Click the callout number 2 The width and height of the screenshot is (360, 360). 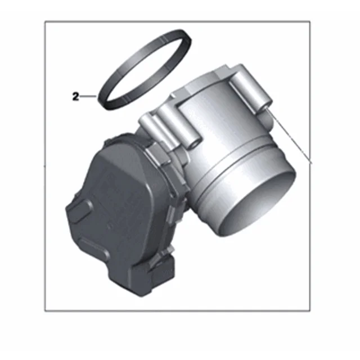click(75, 96)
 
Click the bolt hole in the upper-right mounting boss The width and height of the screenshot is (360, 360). click(265, 105)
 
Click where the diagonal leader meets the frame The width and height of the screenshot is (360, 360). click(310, 162)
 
